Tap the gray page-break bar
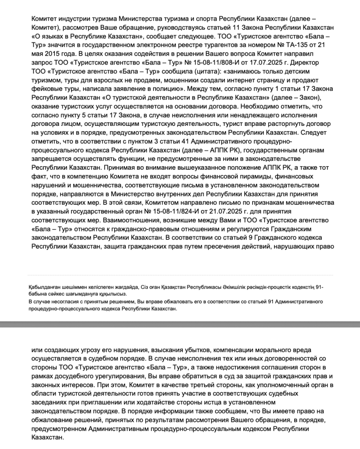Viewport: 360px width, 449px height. (x=180, y=324)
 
